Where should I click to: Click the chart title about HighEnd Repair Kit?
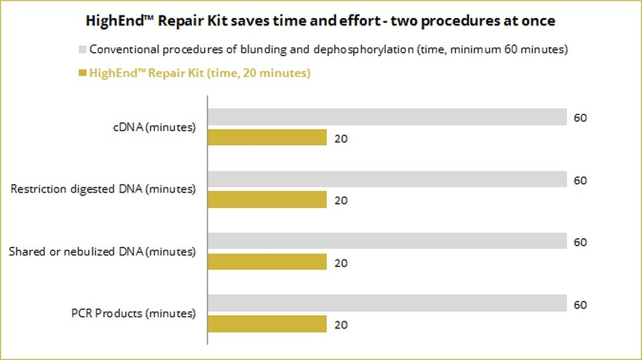click(320, 21)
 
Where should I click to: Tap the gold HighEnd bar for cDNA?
click(267, 138)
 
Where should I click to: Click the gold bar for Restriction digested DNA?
click(267, 199)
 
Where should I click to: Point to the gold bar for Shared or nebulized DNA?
click(267, 262)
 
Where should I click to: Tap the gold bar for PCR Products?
click(267, 324)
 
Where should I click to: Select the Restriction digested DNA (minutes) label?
click(103, 189)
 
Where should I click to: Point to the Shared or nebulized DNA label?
click(102, 252)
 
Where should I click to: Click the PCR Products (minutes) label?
click(134, 313)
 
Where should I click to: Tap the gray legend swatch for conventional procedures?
click(82, 50)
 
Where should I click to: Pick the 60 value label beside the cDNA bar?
click(580, 118)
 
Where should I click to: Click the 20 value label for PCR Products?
click(341, 325)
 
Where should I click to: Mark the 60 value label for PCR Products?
click(580, 305)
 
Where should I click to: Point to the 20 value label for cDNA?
click(341, 139)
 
